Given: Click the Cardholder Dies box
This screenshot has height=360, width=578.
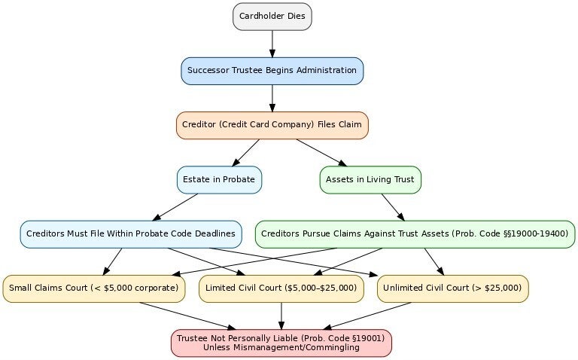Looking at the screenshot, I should pos(272,16).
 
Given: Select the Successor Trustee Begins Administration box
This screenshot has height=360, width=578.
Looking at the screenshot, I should pos(272,71).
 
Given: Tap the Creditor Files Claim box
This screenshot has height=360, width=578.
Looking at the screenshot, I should pos(272,125).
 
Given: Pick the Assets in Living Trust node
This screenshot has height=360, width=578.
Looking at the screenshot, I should pos(370,180).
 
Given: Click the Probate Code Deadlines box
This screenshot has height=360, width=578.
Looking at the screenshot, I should pos(130,234).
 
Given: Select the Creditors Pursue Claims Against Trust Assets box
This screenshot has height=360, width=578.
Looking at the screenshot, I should pos(415,234).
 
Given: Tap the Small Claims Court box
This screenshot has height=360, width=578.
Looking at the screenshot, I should pos(94,288).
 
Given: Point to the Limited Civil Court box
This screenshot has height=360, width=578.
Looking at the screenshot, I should pos(281,288).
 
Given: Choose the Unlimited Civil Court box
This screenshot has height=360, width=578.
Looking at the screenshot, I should pos(452,288).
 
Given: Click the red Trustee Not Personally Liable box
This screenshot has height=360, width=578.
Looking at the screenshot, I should pos(281,343).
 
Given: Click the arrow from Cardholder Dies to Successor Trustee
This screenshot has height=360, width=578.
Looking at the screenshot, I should pos(272,43).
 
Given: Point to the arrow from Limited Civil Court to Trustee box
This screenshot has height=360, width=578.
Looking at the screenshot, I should pos(281,316).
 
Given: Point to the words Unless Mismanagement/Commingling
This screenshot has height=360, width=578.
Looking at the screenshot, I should pos(281,348).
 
